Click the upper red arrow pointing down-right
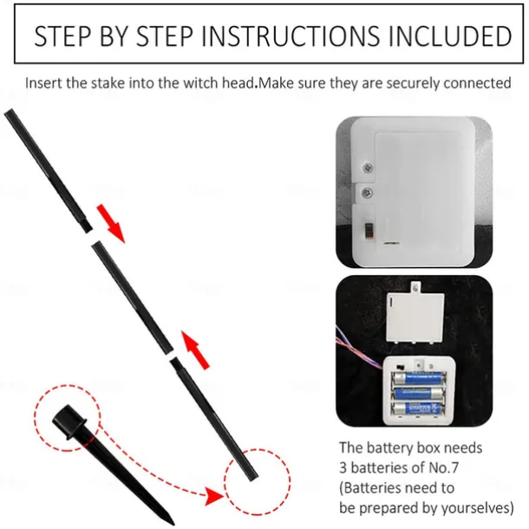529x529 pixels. coord(109,223)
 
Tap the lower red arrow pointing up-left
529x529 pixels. coord(196,349)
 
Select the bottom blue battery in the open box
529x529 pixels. coord(418,409)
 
